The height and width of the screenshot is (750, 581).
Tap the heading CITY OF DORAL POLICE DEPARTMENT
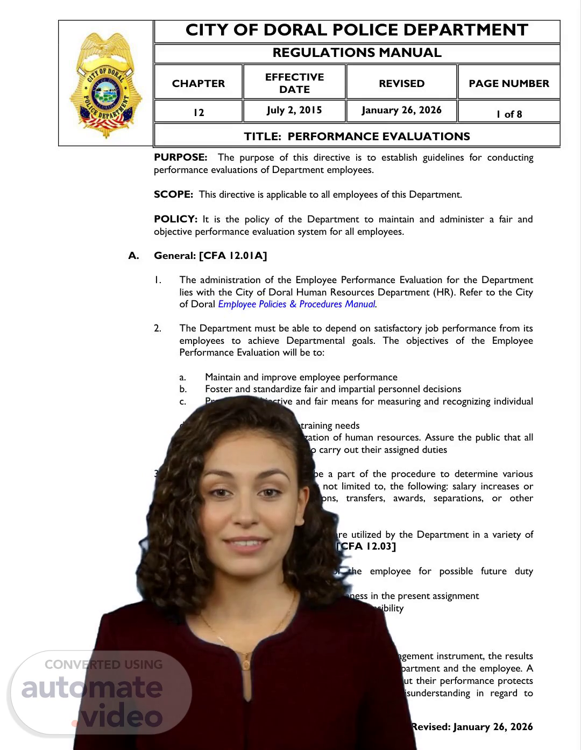click(x=357, y=31)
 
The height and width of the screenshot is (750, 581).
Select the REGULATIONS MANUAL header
click(x=357, y=53)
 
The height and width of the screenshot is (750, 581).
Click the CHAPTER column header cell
click(x=199, y=83)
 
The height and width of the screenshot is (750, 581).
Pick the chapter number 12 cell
click(x=199, y=112)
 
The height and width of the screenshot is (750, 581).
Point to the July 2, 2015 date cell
click(x=294, y=110)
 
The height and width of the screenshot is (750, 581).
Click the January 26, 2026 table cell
click(x=401, y=110)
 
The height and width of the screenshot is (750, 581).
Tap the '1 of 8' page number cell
click(x=509, y=114)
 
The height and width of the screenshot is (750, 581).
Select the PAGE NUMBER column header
click(x=509, y=83)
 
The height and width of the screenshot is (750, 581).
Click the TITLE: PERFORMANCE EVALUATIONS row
click(x=357, y=136)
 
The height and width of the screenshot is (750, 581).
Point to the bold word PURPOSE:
click(x=180, y=157)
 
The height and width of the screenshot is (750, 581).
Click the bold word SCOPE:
click(x=173, y=194)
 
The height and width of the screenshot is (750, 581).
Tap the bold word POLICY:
click(x=175, y=219)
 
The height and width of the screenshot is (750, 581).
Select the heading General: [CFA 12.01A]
click(x=210, y=256)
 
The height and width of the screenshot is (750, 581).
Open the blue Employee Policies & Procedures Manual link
click(x=297, y=304)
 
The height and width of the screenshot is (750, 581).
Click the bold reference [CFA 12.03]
click(x=366, y=546)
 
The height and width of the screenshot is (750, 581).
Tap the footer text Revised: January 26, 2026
click(x=472, y=727)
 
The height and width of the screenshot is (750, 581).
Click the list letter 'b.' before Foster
click(x=183, y=389)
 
